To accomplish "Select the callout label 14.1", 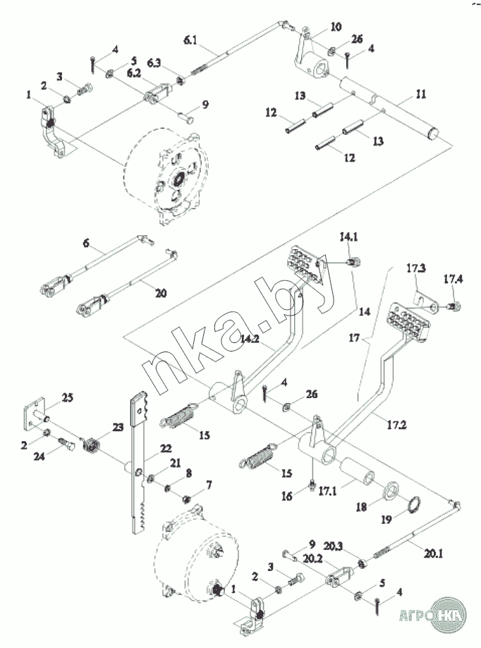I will (x=349, y=236).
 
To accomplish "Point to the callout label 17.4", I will (x=454, y=280).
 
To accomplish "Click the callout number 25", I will (x=66, y=398).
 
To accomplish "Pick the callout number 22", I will (x=166, y=449).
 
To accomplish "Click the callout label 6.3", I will (x=154, y=64).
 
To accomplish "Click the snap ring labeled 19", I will (x=415, y=504).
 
